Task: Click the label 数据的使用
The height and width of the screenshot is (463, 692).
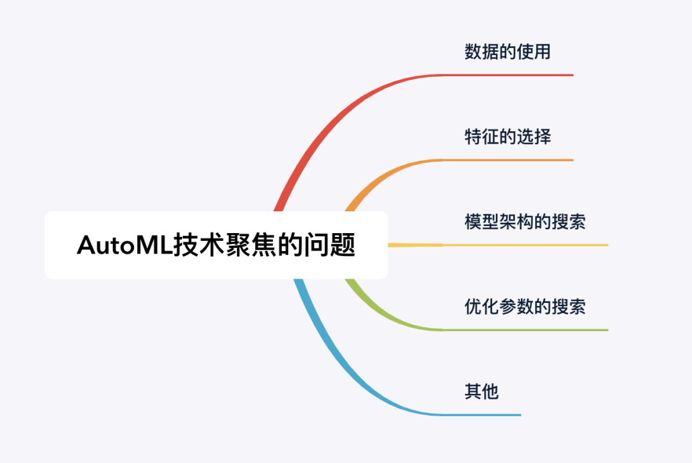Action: click(x=507, y=52)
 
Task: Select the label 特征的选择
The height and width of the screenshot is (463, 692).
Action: click(x=507, y=136)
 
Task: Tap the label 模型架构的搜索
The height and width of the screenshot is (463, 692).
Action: click(x=525, y=222)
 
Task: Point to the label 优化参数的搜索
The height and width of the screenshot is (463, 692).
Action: click(x=525, y=307)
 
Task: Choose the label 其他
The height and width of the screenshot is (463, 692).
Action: click(x=481, y=391)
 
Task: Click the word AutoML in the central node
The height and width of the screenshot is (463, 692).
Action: click(x=124, y=245)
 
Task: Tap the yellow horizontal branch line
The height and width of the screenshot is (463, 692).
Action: click(x=498, y=245)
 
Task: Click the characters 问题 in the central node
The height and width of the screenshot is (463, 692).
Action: click(x=330, y=245)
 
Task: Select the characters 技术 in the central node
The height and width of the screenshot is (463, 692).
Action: click(x=199, y=245)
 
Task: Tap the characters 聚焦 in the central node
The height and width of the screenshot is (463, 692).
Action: click(x=251, y=245)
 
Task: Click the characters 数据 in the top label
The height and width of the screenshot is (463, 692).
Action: click(x=481, y=52)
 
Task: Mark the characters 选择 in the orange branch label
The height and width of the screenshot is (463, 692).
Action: click(x=534, y=136)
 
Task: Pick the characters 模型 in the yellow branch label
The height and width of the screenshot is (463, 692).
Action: click(x=481, y=222)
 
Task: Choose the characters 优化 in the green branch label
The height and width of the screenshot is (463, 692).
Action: click(x=481, y=307)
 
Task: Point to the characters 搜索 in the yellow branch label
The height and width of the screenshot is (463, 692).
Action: click(x=568, y=222)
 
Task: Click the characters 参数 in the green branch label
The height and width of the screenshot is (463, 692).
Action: click(x=516, y=307)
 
